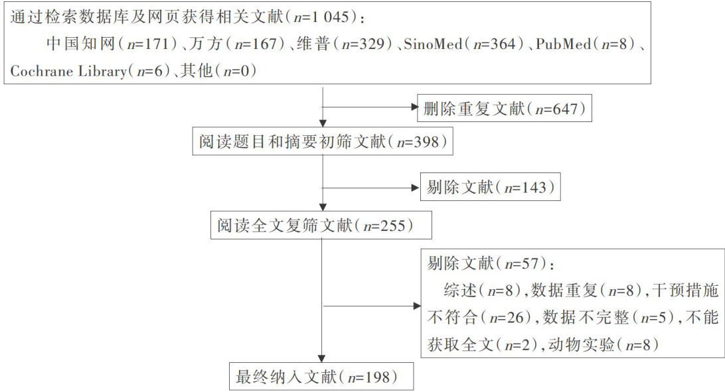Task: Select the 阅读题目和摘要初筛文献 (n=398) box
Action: click(x=321, y=141)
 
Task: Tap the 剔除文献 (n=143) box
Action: click(x=490, y=188)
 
